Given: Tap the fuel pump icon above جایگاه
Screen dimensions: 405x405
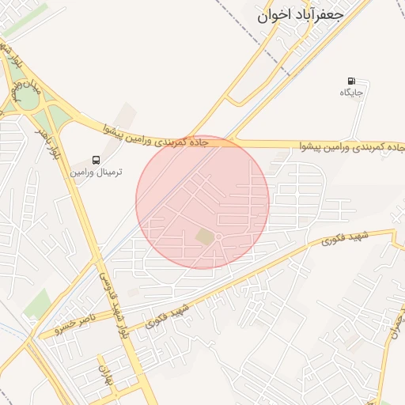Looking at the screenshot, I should pos(351,81).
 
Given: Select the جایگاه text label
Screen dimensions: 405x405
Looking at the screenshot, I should pos(351,93).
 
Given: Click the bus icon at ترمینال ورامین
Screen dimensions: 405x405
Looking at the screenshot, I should pos(97,160).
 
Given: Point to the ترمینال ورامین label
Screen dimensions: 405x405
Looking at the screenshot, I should pos(97,172).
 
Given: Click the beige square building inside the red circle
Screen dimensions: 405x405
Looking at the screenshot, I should pos(206,237).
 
